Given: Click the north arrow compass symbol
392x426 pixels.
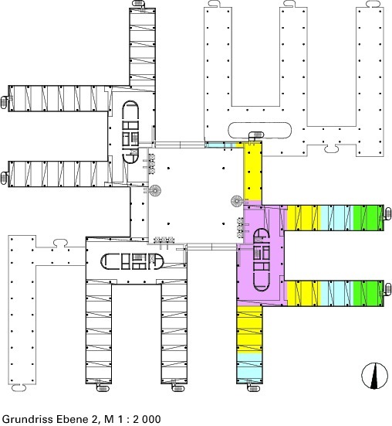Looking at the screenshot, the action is tap(374, 376).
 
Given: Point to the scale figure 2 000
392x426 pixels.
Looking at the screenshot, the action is tap(147, 419).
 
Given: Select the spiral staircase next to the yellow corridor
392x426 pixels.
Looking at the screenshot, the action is tap(237, 201).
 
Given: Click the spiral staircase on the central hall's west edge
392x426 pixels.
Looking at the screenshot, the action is tap(155, 191).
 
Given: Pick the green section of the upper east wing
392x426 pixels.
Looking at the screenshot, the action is tap(368, 218).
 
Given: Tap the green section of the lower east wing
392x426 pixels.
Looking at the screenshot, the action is tap(368, 294).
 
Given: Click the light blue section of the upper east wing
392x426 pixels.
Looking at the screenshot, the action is tap(336, 218).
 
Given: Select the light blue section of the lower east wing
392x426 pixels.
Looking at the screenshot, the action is tap(336, 294).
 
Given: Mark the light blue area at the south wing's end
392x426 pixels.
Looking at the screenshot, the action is tap(250, 366).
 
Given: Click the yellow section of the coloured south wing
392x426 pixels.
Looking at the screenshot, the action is tap(250, 329).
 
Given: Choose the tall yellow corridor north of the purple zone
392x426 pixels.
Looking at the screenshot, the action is tap(252, 171).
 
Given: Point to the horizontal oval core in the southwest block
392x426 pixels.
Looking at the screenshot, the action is tap(132, 261).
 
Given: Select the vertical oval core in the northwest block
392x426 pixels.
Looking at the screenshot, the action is tap(130, 132).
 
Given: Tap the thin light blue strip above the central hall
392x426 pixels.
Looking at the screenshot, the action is tap(220, 145).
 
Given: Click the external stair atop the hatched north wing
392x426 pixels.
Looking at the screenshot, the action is tap(139, 4).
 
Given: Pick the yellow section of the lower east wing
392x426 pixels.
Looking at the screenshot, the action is tap(304, 294).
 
